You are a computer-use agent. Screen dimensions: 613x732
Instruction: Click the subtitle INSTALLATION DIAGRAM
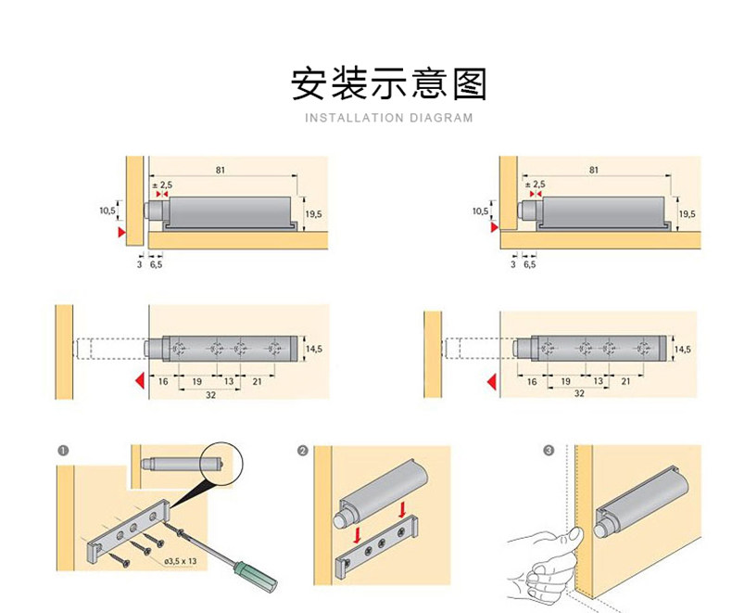(x=388, y=118)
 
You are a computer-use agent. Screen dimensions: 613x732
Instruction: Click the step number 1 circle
(x=63, y=451)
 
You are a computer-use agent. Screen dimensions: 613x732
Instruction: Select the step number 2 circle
(x=303, y=451)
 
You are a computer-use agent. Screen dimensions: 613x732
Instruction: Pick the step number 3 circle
(x=549, y=451)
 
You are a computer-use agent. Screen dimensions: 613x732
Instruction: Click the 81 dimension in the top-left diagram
(x=220, y=170)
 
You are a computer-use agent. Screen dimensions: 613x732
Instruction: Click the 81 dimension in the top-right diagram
(x=594, y=170)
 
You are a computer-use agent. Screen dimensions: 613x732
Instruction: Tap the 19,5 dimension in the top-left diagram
(x=313, y=214)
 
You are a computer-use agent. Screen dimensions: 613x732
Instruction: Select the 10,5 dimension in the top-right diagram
(x=479, y=211)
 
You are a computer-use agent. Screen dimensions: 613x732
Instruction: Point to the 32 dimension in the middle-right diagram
(x=579, y=393)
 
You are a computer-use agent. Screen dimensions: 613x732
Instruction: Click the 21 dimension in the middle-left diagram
(x=258, y=380)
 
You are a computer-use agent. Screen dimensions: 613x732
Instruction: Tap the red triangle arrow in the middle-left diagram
(x=136, y=380)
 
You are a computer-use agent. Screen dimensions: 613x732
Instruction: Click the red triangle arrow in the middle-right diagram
(x=488, y=380)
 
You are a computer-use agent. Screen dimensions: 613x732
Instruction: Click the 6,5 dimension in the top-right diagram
(x=530, y=265)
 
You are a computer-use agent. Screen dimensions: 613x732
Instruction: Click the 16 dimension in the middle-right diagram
(x=532, y=380)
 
